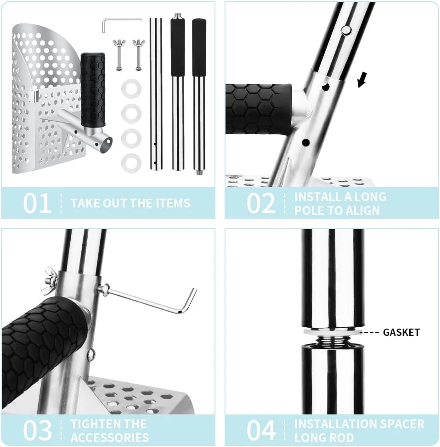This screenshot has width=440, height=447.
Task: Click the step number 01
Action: (37, 203)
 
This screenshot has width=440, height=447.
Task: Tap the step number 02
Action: (261, 203)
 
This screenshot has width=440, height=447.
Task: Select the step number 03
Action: (37, 430)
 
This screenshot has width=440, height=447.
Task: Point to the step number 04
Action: (261, 430)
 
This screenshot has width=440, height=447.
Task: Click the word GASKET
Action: (401, 332)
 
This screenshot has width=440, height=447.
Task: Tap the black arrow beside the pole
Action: (362, 79)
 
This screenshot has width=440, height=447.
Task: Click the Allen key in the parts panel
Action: (122, 23)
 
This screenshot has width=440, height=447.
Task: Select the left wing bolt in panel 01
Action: (119, 55)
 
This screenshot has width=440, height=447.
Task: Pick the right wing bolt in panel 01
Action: (139, 55)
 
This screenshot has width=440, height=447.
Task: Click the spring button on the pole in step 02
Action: (346, 30)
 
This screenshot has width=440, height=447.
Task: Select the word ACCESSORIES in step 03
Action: (110, 437)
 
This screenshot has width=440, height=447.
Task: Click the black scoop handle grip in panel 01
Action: (93, 89)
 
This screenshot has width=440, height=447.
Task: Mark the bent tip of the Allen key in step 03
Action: (193, 291)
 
